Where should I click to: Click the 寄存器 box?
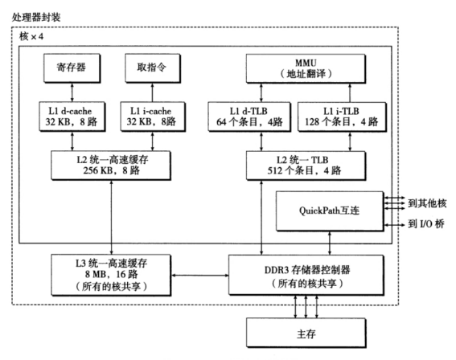(x=73, y=72)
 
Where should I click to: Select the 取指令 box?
(x=154, y=72)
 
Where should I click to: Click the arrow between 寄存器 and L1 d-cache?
(x=73, y=93)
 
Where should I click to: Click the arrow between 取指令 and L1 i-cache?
(x=154, y=93)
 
